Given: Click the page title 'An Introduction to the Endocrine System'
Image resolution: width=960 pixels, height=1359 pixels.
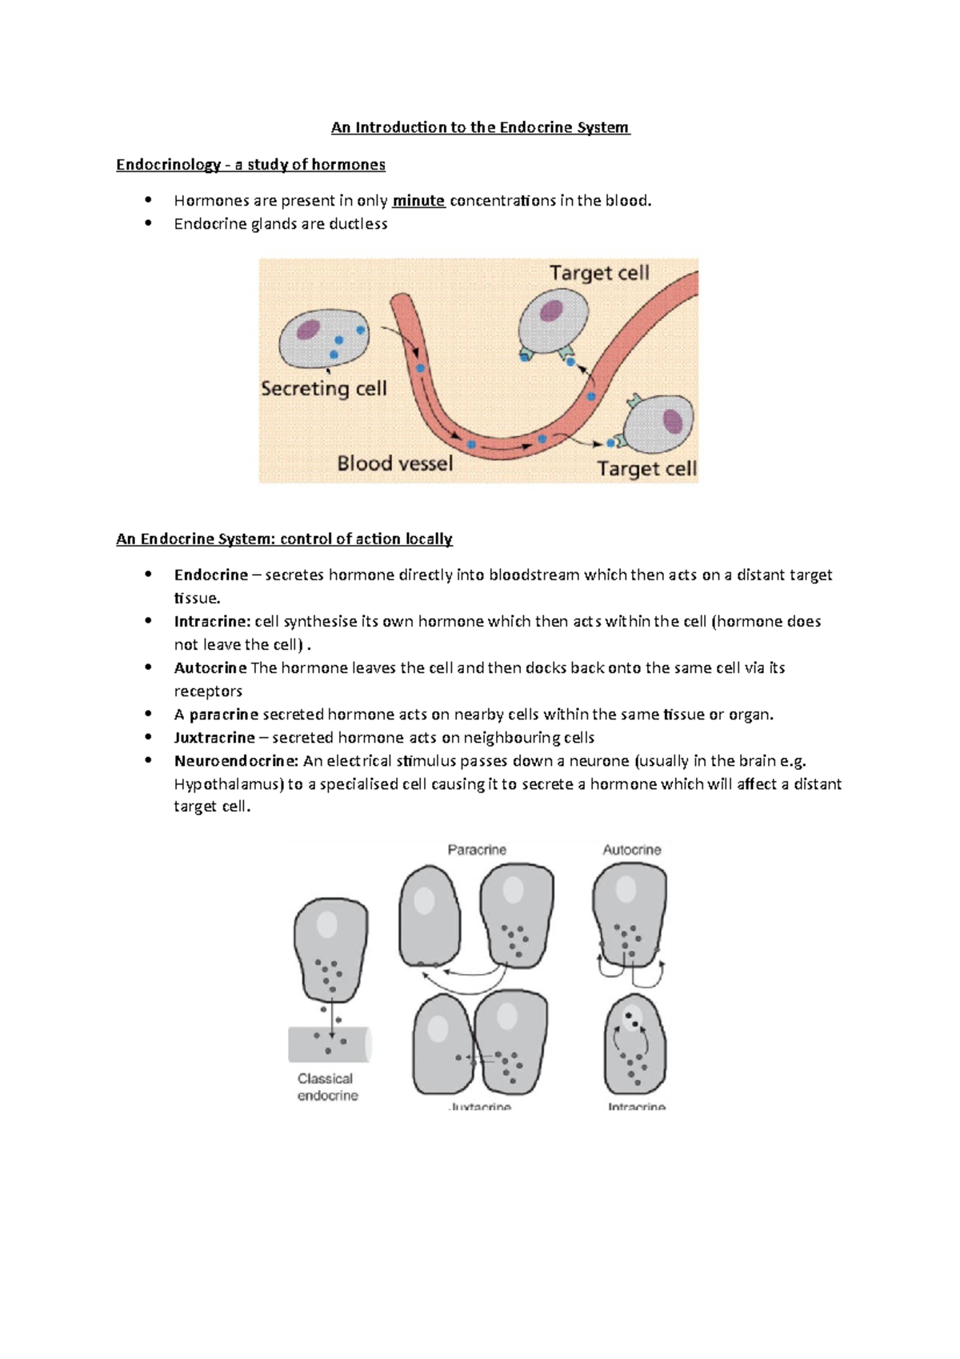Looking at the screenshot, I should [480, 127].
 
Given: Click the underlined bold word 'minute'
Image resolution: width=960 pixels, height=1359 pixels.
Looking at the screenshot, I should [418, 201].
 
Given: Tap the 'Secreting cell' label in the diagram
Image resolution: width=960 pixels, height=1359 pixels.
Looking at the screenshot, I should [324, 389].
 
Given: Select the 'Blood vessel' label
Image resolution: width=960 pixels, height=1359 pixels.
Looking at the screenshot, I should [394, 463].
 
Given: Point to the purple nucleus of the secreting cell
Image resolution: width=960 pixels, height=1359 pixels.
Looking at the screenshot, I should [308, 329].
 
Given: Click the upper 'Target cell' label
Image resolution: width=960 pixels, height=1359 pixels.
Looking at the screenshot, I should [599, 273].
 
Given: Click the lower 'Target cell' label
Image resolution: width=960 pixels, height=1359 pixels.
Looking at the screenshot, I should [646, 468].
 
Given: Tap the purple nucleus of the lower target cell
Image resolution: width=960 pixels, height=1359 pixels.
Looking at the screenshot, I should [673, 421].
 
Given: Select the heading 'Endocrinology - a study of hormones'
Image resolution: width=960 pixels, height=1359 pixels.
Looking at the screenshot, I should [250, 165].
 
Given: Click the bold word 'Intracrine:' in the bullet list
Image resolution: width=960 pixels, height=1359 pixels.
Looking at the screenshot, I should [212, 622].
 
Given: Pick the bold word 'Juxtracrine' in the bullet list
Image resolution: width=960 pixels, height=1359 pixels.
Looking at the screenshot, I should [214, 738].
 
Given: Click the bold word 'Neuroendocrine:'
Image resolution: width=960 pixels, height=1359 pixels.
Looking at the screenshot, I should [236, 761].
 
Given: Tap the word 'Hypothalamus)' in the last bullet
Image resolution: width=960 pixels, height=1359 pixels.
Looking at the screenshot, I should [229, 784].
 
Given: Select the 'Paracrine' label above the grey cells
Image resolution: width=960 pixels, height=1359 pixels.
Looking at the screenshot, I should [477, 850].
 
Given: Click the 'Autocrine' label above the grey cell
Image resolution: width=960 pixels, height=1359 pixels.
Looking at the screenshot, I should [631, 850].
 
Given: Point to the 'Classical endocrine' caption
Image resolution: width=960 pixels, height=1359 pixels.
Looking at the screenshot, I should [326, 1087].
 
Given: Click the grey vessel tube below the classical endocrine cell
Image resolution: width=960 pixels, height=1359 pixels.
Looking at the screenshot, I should [328, 1044].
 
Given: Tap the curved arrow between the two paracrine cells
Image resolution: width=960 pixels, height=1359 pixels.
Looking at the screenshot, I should [465, 980].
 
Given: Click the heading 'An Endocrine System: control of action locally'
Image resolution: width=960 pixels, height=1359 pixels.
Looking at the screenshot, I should [284, 539].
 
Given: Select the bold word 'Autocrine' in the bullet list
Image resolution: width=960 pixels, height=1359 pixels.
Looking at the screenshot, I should [210, 668].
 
